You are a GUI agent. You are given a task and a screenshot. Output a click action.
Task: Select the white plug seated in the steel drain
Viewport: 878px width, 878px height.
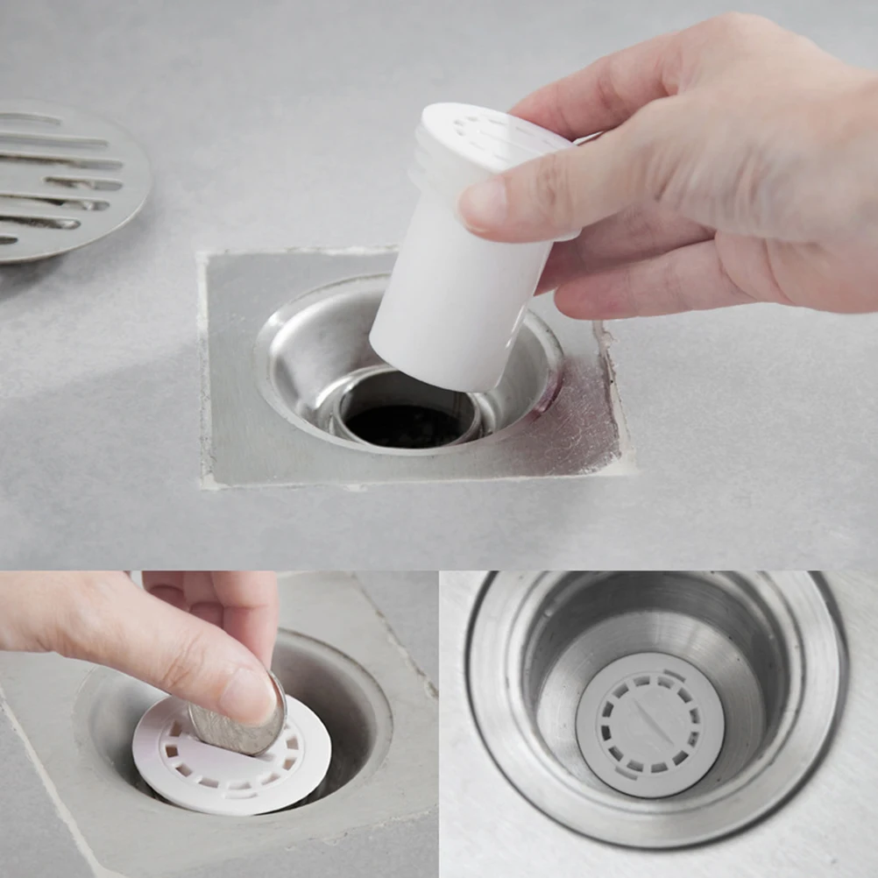click(x=649, y=724)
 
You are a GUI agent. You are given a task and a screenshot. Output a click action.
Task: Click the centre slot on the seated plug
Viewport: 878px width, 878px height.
click(x=649, y=721)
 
